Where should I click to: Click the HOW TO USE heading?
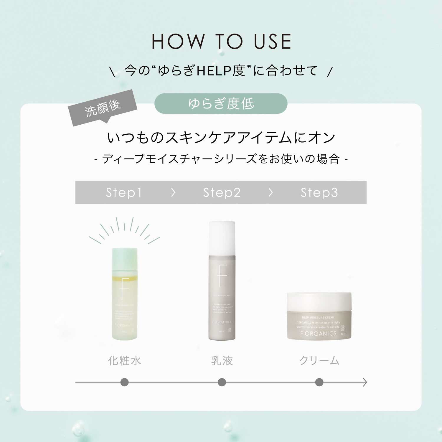click(x=221, y=42)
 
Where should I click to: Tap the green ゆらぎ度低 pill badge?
click(x=221, y=103)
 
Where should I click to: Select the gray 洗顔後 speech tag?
click(x=103, y=108)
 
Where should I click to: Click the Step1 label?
click(x=124, y=192)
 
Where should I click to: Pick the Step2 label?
click(x=222, y=192)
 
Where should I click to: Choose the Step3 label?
click(x=319, y=192)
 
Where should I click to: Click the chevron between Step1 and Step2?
click(x=173, y=192)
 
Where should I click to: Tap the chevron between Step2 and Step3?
click(x=271, y=192)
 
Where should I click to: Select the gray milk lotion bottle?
click(x=222, y=295)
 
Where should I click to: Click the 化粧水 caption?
click(x=124, y=361)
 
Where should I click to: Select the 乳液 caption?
click(x=222, y=361)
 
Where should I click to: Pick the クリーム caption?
click(x=319, y=361)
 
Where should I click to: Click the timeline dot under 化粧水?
click(x=124, y=382)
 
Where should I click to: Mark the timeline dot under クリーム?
click(x=319, y=382)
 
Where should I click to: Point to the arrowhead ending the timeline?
click(x=365, y=382)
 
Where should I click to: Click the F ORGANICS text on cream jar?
click(x=318, y=334)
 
